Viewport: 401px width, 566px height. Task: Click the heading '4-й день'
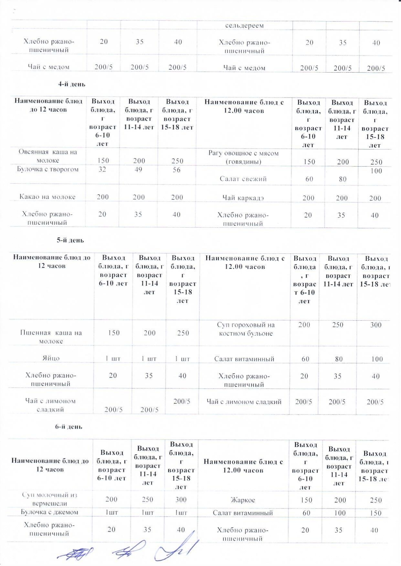(x=71, y=84)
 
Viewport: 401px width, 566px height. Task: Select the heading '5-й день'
(x=70, y=240)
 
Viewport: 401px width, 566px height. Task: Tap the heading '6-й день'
(x=68, y=427)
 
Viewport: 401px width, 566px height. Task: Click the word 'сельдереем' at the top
(x=244, y=26)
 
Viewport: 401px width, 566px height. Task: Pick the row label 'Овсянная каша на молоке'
(x=48, y=156)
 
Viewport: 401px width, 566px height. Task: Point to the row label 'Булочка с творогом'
(x=48, y=170)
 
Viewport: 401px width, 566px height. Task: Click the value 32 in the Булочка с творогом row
(x=102, y=170)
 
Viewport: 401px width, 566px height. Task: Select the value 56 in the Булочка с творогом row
(x=177, y=170)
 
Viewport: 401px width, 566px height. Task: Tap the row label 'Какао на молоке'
(x=48, y=197)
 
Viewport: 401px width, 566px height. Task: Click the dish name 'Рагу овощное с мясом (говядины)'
(x=243, y=157)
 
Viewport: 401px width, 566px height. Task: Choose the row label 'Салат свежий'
(x=243, y=179)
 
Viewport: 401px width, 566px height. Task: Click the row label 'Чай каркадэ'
(x=243, y=198)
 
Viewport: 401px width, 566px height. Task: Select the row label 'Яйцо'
(x=51, y=358)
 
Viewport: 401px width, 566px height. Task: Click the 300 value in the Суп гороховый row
(x=376, y=325)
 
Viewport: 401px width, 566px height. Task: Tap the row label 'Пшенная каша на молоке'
(x=51, y=337)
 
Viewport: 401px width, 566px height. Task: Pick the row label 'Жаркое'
(x=243, y=500)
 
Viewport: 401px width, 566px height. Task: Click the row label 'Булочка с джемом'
(x=49, y=512)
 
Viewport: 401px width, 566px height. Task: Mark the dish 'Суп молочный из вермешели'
(x=50, y=499)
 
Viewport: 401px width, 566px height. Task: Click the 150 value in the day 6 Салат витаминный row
(x=376, y=513)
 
